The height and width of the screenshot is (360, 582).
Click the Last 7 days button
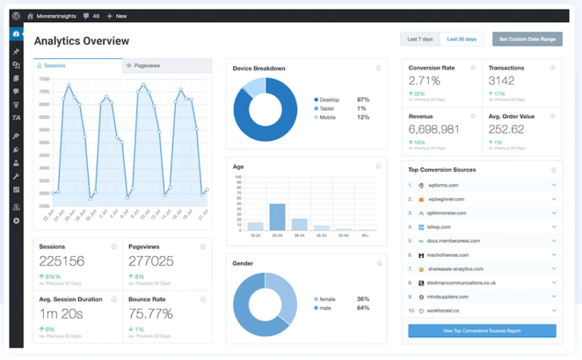[x=420, y=39]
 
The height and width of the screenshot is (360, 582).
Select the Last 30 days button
[x=462, y=39]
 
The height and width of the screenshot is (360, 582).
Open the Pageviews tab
[x=167, y=66]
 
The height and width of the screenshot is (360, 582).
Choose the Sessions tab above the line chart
[x=77, y=66]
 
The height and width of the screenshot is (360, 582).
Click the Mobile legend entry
[x=328, y=117]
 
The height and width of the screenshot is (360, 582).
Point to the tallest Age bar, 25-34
[x=277, y=217]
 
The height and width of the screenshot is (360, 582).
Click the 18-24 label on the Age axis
[x=255, y=236]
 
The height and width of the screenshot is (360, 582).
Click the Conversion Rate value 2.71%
[x=424, y=80]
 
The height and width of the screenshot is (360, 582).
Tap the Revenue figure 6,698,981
[x=433, y=129]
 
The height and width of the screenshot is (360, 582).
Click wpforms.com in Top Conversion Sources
[x=443, y=185]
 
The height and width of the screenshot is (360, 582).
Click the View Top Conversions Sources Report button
[x=482, y=331]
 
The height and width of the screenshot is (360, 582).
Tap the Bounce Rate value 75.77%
[x=151, y=313]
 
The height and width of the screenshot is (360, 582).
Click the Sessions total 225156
[x=61, y=261]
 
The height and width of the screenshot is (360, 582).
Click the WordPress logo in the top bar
[x=16, y=15]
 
